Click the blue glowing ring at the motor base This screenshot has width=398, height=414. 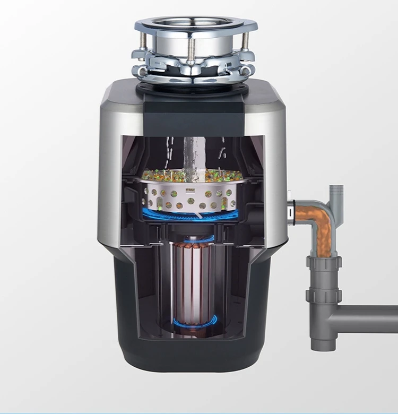click(x=194, y=322)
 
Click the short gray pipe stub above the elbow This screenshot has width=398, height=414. click(x=336, y=194)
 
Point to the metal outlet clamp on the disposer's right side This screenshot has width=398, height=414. click(x=291, y=209)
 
